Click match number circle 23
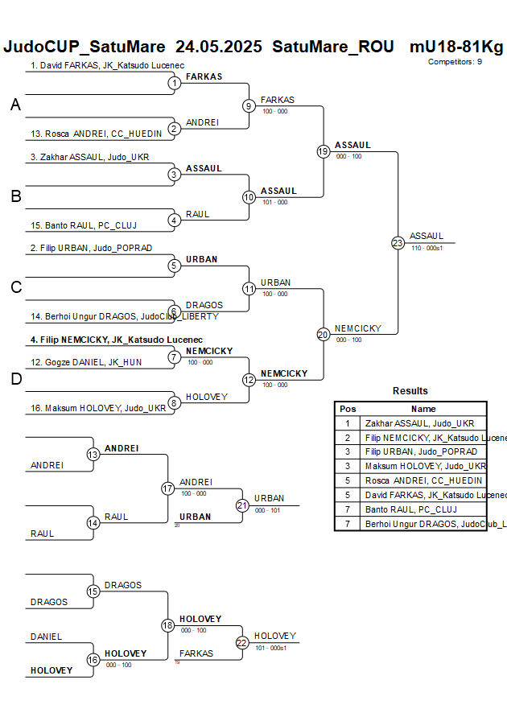pos(398,242)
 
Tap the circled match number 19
pos(324,151)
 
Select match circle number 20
pos(324,335)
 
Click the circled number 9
pos(249,105)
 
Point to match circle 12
pos(249,380)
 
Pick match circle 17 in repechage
pos(167,488)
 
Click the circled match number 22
pos(242,642)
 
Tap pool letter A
pos(15,105)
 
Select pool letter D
pos(15,380)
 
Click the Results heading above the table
pos(410,391)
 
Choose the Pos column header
pos(348,409)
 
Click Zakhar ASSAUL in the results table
pos(419,423)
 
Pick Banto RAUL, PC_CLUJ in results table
pos(410,509)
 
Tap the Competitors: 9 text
pos(455,61)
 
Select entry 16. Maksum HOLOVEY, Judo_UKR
pos(98,408)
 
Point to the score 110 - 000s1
pos(427,249)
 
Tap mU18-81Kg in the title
pos(456,47)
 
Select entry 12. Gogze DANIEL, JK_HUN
pos(86,362)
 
